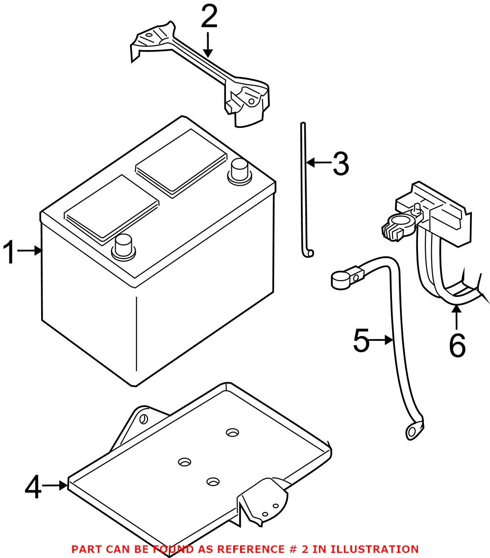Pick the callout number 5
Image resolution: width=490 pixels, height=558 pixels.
(361, 340)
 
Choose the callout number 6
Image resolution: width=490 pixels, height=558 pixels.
(457, 345)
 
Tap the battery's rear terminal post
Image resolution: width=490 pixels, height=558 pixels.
(240, 171)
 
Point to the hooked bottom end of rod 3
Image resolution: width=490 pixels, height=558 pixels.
(309, 252)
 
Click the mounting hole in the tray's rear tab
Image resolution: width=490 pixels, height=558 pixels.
(143, 419)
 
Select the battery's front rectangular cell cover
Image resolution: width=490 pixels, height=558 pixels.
(111, 209)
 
